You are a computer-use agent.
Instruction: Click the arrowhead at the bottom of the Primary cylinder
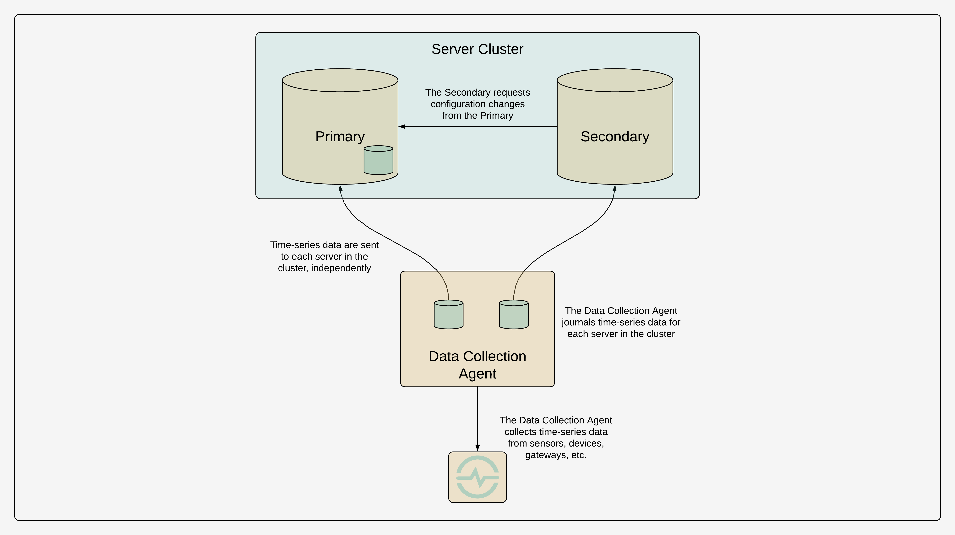point(340,188)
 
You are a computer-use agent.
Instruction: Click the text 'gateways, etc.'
point(556,455)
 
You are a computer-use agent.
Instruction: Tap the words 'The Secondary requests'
point(477,92)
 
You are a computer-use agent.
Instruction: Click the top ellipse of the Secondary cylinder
point(615,80)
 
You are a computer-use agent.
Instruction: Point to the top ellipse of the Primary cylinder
point(340,80)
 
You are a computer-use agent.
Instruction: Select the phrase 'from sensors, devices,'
point(556,443)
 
